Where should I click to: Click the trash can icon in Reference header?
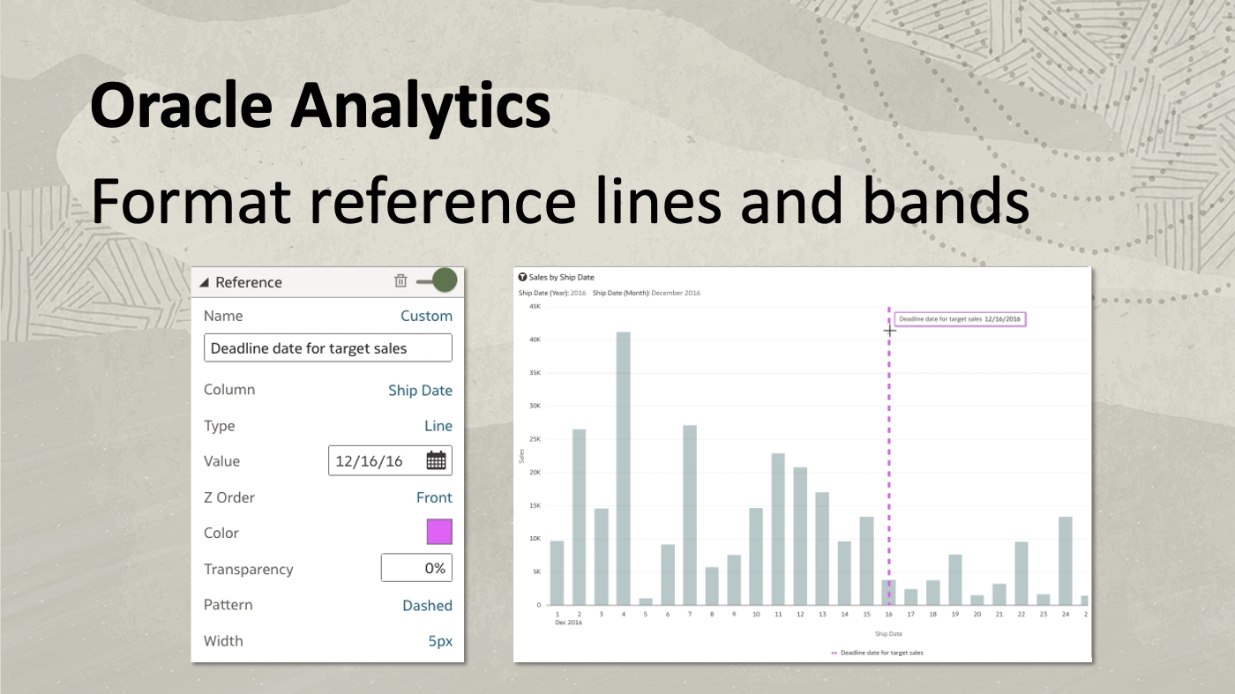(x=400, y=281)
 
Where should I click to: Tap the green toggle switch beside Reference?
(x=438, y=281)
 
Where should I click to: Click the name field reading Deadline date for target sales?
(x=327, y=348)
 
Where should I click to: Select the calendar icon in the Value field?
(x=436, y=460)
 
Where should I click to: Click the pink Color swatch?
(x=438, y=533)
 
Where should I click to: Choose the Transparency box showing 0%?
(x=416, y=569)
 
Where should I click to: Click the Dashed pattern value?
(x=427, y=606)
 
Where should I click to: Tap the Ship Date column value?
(x=420, y=391)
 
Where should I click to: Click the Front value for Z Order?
(x=434, y=497)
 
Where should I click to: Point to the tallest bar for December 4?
(x=623, y=467)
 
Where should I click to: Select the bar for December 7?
(x=690, y=514)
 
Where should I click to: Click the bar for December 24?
(x=1065, y=560)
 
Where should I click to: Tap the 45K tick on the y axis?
(x=535, y=306)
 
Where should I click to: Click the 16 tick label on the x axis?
(x=888, y=615)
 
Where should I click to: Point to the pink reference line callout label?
(x=960, y=319)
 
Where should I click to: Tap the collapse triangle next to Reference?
(x=204, y=282)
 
